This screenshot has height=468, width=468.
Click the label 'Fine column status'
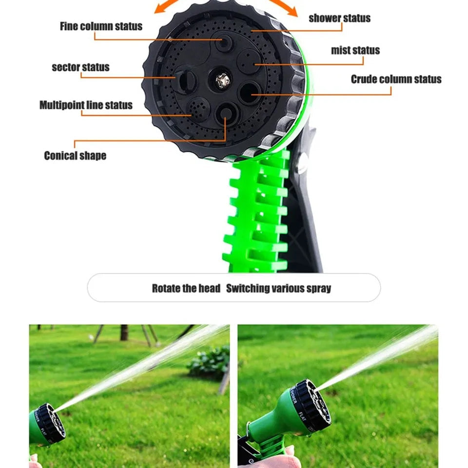101,26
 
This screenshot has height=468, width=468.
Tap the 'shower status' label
339,18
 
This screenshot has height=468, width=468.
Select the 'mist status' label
355,50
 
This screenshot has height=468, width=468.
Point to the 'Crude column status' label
396,79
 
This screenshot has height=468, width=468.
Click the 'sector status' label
80,67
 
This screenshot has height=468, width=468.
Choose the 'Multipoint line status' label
86,105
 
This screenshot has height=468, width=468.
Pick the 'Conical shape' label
75,156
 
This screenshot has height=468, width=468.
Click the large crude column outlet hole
250,91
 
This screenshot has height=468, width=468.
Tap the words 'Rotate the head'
186,288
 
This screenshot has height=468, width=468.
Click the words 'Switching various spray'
278,288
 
